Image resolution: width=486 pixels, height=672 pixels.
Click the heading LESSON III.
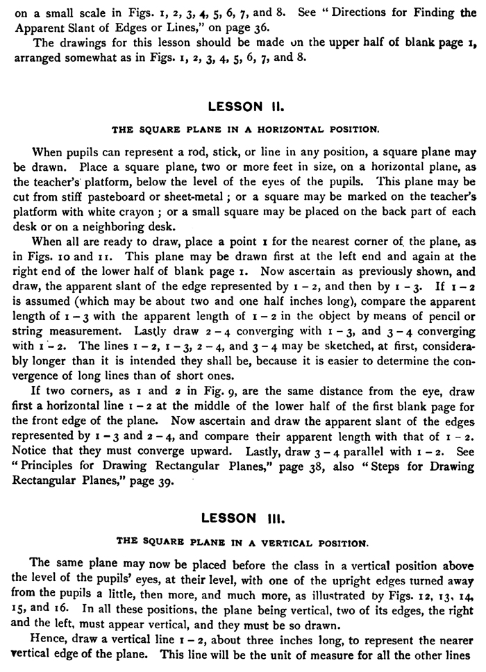242,518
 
